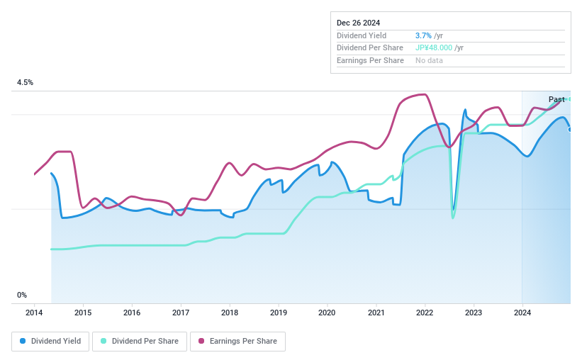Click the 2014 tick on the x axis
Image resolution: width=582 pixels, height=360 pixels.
[x=34, y=313]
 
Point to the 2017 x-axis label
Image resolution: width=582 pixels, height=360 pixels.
[x=181, y=313]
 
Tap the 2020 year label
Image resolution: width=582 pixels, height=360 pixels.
[x=327, y=313]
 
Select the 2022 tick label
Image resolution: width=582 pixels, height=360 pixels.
[x=425, y=313]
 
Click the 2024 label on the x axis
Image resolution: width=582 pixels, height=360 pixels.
[x=522, y=313]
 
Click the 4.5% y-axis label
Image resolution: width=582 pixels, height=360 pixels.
[x=26, y=83]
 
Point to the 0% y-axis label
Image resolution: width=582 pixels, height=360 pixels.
[x=22, y=295]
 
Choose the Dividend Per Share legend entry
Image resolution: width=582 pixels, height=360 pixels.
[x=140, y=341]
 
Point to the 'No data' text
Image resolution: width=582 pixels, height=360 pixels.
[x=429, y=61]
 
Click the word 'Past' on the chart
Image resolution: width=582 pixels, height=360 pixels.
[x=556, y=99]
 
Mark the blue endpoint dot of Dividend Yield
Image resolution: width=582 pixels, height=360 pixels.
[x=570, y=129]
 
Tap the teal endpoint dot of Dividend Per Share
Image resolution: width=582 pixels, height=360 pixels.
[x=569, y=99]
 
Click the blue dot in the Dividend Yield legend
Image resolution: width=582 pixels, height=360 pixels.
[x=23, y=341]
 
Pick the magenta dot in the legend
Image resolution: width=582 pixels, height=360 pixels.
[x=201, y=341]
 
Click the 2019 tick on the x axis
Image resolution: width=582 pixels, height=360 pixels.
[x=278, y=313]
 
